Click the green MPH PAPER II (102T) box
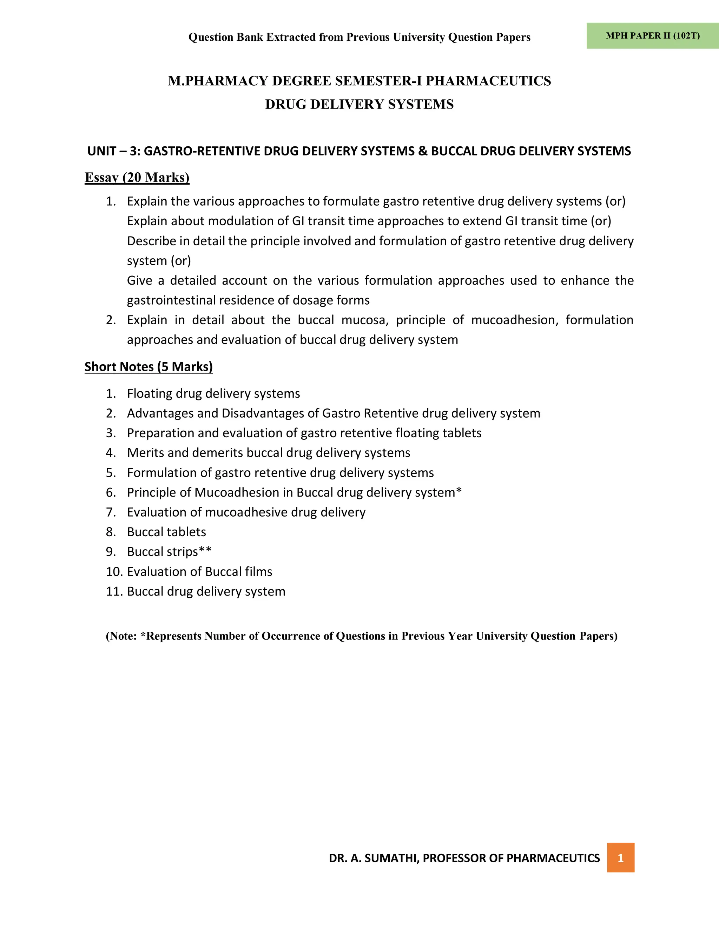point(652,36)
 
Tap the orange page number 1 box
point(620,858)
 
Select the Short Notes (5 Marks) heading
point(148,367)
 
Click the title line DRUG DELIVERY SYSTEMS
point(359,104)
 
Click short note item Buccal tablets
point(166,532)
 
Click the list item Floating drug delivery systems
point(213,393)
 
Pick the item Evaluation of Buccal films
point(199,571)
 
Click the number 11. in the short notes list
point(114,591)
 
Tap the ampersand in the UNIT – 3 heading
point(423,151)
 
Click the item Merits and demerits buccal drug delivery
point(268,453)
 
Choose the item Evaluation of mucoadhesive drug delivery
point(246,512)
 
